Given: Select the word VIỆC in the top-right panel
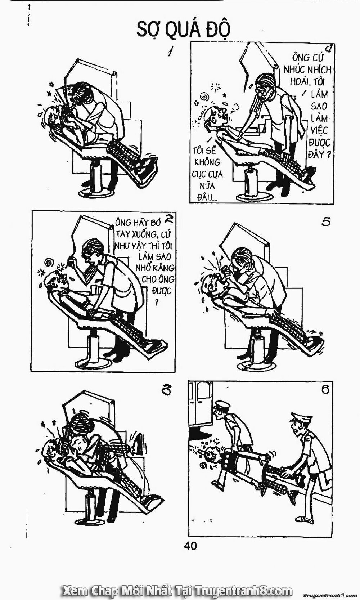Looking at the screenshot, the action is [x=319, y=130].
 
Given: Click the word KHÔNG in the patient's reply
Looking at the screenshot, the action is [x=207, y=162].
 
